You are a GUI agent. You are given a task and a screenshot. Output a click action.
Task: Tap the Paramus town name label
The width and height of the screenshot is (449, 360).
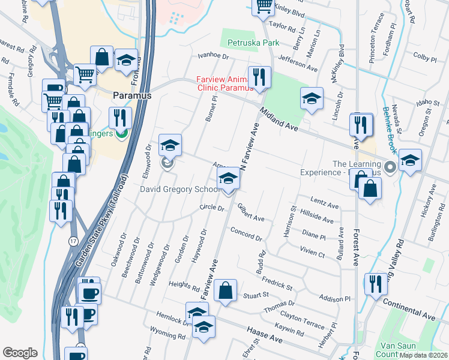point(132,95)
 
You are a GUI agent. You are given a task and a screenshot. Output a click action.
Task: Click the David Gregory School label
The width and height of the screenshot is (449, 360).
point(178,189)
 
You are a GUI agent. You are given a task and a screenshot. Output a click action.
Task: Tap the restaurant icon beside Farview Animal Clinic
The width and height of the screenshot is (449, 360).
point(259,77)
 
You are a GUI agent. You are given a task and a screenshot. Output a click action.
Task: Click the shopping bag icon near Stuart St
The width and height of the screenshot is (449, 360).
point(225,291)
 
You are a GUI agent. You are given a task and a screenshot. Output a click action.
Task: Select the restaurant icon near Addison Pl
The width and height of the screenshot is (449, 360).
point(376,283)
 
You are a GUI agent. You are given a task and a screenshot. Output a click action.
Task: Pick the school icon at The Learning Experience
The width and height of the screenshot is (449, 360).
point(410,160)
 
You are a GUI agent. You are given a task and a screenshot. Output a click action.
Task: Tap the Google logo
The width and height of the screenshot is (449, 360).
point(20,353)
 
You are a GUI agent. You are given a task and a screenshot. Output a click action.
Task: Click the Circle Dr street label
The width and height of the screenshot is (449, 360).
point(212,209)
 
